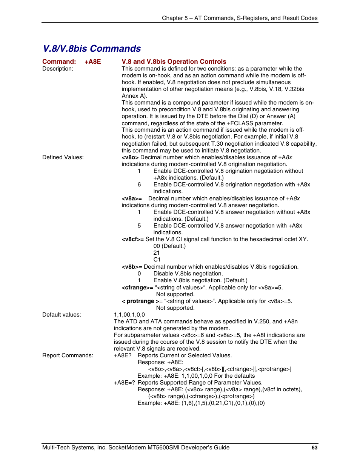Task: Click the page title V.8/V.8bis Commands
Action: pos(92,49)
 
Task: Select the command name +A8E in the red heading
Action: pos(92,62)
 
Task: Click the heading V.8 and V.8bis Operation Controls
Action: pos(174,62)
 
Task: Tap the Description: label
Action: pos(58,69)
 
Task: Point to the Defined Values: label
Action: pos(63,157)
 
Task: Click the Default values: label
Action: pos(62,315)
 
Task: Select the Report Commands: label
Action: pos(68,355)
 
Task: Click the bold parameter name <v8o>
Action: pos(130,157)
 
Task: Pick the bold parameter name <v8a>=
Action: pos(132,198)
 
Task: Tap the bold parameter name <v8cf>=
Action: pos(132,239)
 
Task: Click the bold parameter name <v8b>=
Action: pos(132,267)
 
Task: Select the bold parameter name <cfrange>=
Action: pos(137,288)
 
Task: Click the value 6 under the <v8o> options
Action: pos(139,185)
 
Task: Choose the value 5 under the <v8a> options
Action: pos(139,226)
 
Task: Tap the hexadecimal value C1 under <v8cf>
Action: pos(157,260)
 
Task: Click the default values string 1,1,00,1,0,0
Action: pos(129,315)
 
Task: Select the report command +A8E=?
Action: pos(124,383)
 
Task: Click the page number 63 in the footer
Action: pos(314,448)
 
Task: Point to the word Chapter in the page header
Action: pos(172,18)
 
